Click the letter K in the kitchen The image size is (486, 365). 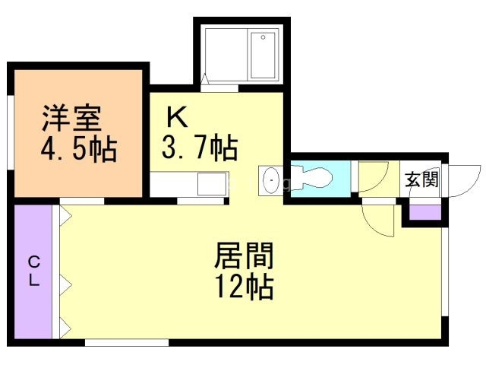coord(177,116)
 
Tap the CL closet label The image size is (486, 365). coord(34,271)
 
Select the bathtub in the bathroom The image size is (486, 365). coord(264,55)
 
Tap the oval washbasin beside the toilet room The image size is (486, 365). coord(270,181)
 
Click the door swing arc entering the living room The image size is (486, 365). coord(377,220)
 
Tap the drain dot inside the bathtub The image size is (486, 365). coord(264,36)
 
